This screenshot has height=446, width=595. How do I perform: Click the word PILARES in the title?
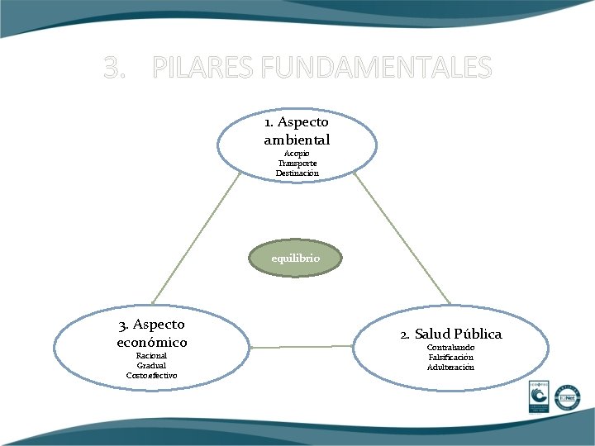pyautogui.click(x=200, y=67)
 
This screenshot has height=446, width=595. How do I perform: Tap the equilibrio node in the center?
pyautogui.click(x=296, y=259)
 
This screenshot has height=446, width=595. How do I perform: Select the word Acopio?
pyautogui.click(x=296, y=154)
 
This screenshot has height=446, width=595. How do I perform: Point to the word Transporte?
pyautogui.click(x=297, y=164)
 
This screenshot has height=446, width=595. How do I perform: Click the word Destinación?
pyautogui.click(x=297, y=173)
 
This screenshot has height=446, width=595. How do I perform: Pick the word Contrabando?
pyautogui.click(x=450, y=348)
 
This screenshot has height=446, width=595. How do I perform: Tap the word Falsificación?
pyautogui.click(x=450, y=357)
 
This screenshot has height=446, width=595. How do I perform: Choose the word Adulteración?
pyautogui.click(x=450, y=367)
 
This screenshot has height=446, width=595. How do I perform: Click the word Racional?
pyautogui.click(x=151, y=356)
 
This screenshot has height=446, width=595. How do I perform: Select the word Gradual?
pyautogui.click(x=151, y=365)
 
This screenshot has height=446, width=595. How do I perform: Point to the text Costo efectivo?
pyautogui.click(x=151, y=375)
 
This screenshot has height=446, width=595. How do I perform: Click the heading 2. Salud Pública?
pyautogui.click(x=450, y=334)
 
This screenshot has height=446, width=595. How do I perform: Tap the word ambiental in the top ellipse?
pyautogui.click(x=297, y=140)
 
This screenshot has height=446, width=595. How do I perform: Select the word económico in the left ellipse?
pyautogui.click(x=152, y=342)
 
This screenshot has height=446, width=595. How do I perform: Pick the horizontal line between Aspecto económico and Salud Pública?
pyautogui.click(x=302, y=347)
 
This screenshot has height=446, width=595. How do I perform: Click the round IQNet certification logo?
pyautogui.click(x=567, y=397)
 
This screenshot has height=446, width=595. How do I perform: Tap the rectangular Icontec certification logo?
pyautogui.click(x=540, y=399)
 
